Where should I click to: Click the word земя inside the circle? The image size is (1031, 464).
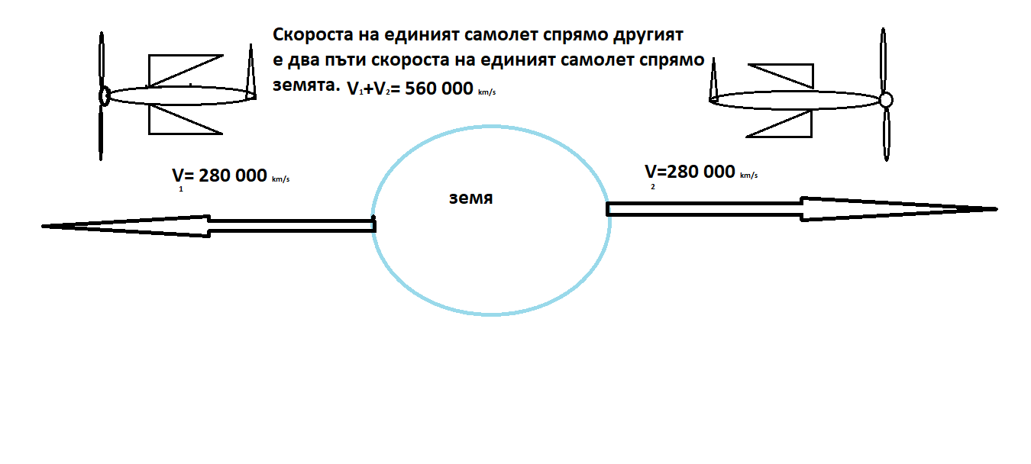[x=470, y=198]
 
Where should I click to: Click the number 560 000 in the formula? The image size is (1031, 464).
[x=438, y=89]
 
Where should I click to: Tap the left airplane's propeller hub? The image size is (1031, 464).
[x=104, y=95]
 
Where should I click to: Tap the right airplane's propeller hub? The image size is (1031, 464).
[x=885, y=99]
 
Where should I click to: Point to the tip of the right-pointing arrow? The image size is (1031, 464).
[x=996, y=208]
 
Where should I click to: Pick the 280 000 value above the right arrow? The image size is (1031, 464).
[x=700, y=172]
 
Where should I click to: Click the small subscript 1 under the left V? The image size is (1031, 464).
[x=181, y=189]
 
